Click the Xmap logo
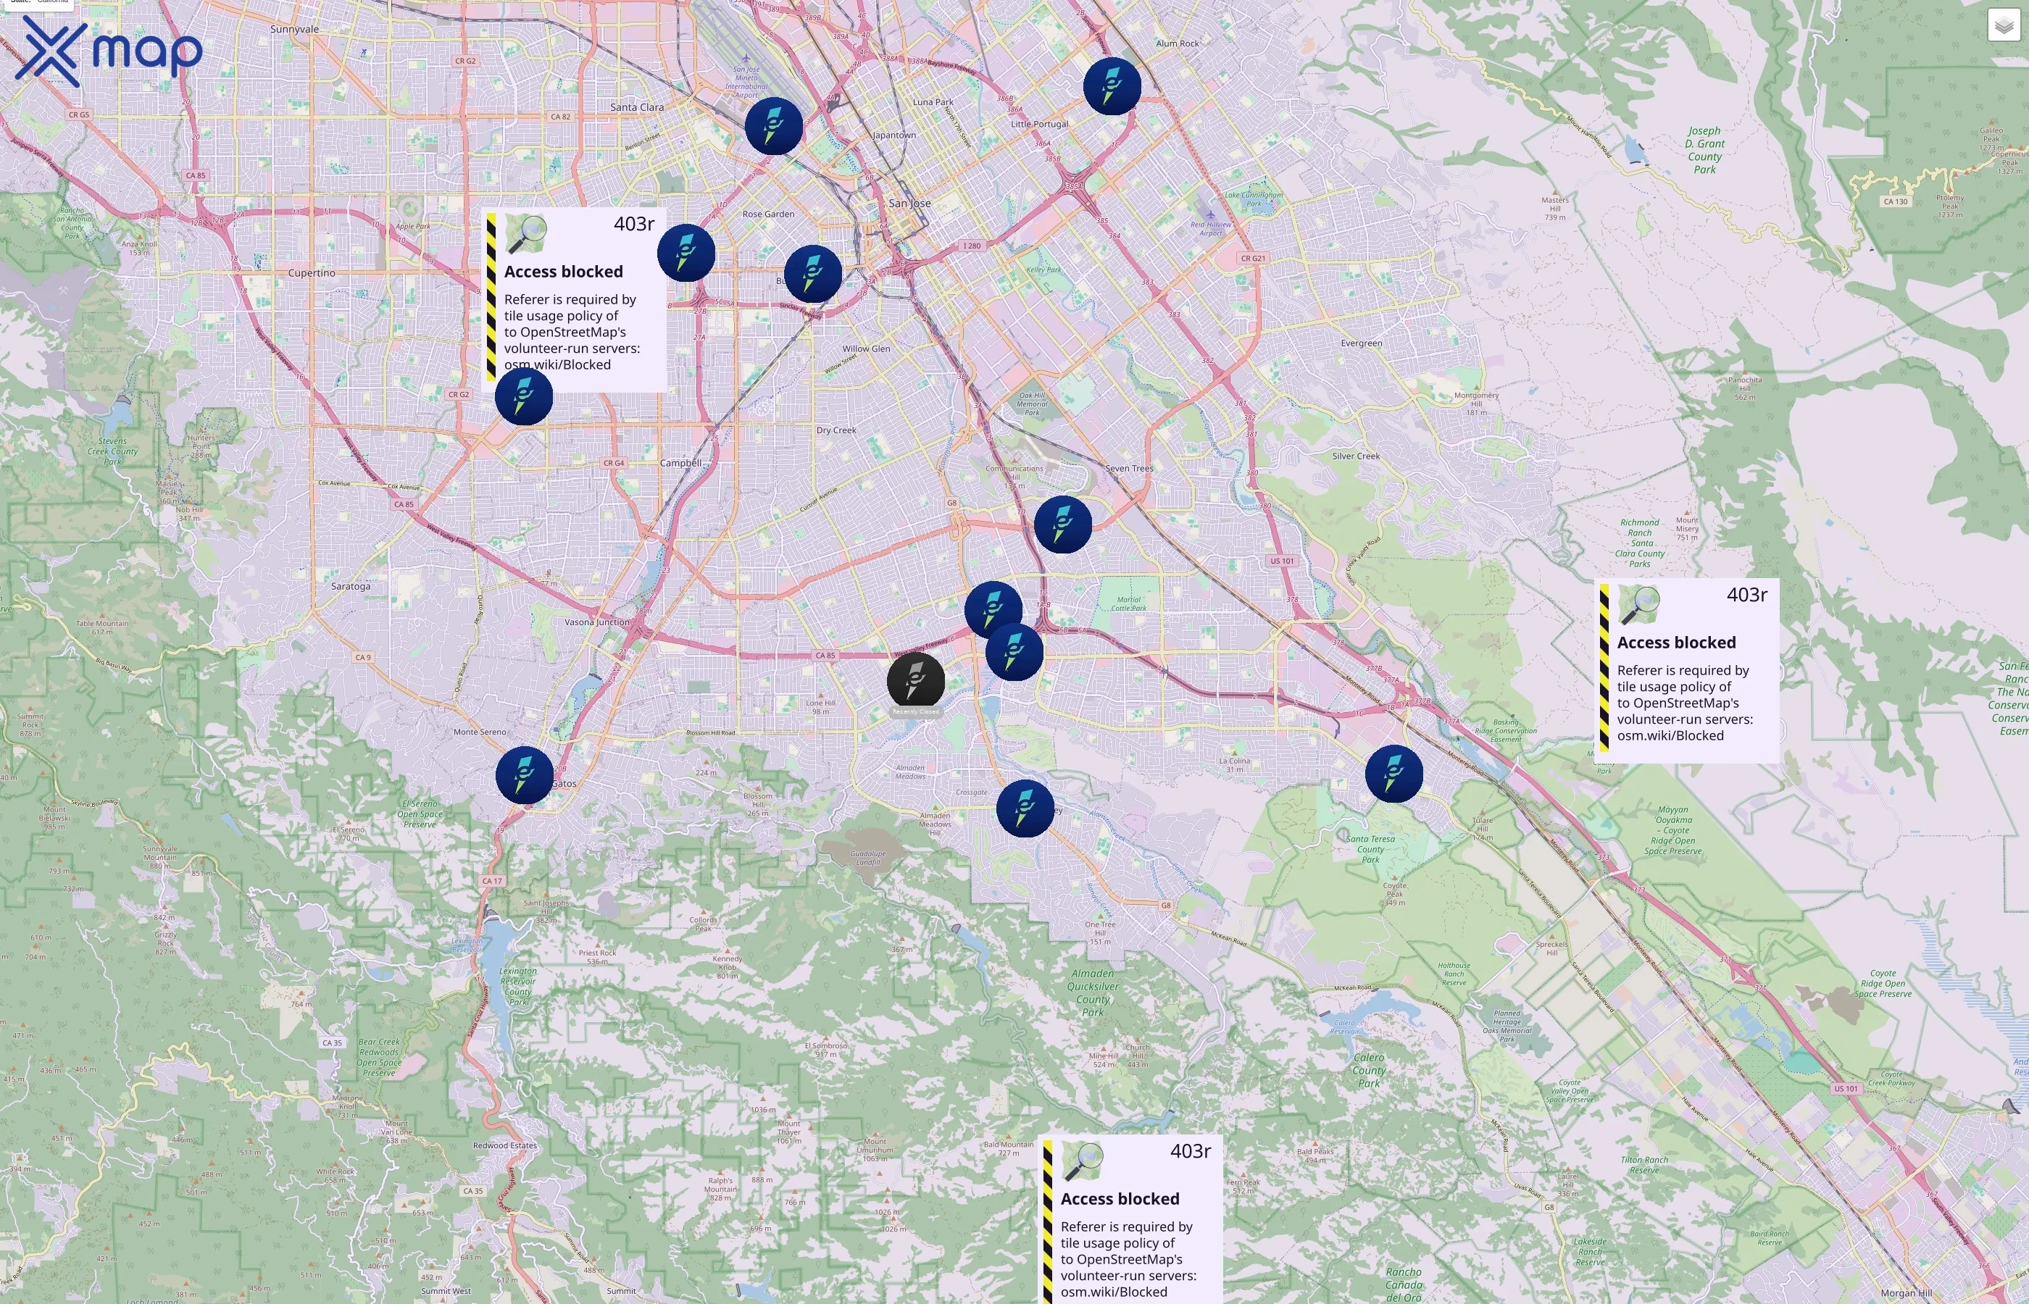pos(109,51)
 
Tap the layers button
pos(2003,25)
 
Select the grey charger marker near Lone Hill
pos(915,680)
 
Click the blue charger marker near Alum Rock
pos(1112,86)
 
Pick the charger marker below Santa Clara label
pos(773,126)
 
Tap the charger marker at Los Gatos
pos(524,774)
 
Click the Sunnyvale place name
pos(295,30)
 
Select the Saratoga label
pos(351,587)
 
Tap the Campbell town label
pos(681,463)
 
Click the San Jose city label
pos(909,204)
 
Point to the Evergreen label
pos(1361,343)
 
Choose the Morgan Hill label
pos(1907,1293)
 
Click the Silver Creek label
pos(1356,456)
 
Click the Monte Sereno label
pos(479,732)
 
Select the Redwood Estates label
pos(504,1145)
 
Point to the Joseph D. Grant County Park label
pos(1704,150)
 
